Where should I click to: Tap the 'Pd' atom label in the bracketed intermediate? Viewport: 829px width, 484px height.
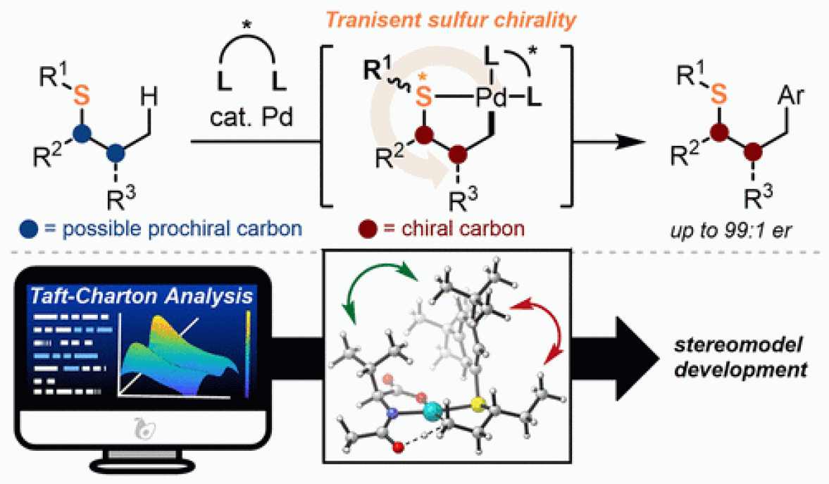coord(484,97)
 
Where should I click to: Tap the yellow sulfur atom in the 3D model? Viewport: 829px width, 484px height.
coord(479,404)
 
